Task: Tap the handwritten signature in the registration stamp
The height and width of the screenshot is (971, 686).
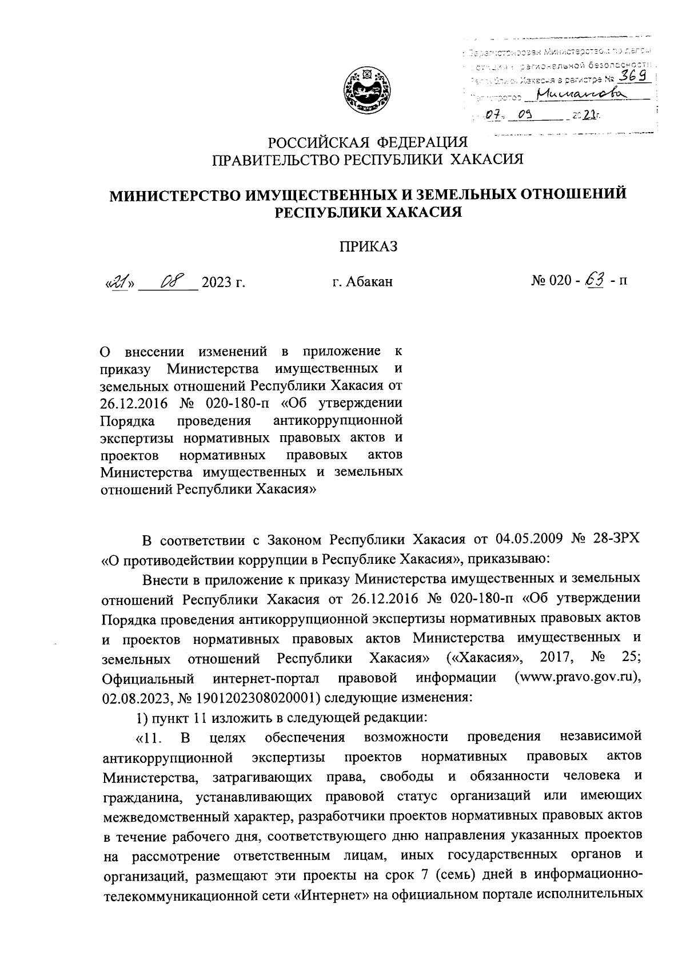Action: (577, 94)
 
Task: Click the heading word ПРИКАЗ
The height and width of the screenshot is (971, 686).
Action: (368, 246)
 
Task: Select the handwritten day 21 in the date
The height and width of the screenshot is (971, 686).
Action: (119, 281)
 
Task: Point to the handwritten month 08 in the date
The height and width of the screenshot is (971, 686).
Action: (170, 281)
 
